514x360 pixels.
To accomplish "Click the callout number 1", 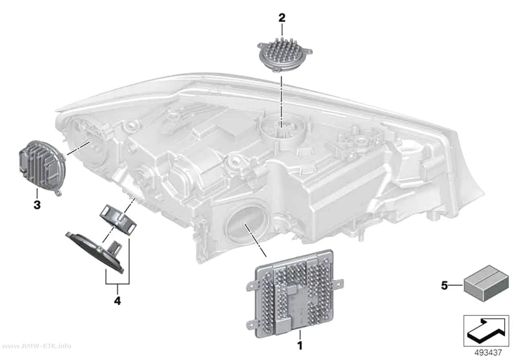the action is [x=299, y=345].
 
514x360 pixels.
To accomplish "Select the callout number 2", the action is [x=282, y=18].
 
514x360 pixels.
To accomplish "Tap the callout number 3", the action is [x=37, y=205].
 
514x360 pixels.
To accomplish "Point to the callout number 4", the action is [x=117, y=300].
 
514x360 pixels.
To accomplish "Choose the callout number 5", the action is [x=444, y=286].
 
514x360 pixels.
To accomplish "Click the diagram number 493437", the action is [x=488, y=353].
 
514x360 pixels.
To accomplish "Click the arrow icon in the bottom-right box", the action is [x=486, y=330].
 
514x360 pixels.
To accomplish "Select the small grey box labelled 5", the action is [x=482, y=283].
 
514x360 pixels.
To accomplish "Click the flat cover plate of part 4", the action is [x=95, y=252].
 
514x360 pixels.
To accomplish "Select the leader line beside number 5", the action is [x=456, y=286].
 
